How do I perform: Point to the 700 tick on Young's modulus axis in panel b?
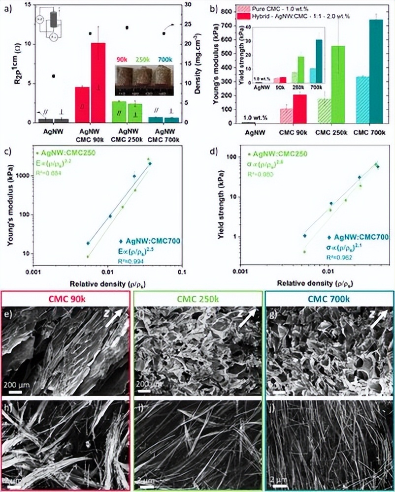[230, 26]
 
